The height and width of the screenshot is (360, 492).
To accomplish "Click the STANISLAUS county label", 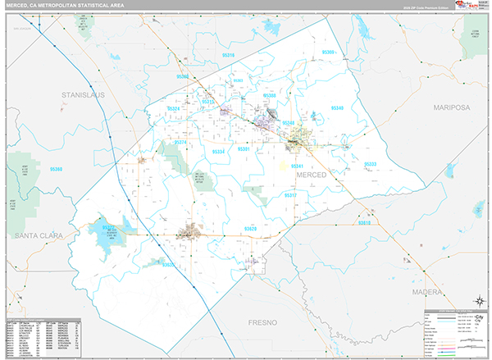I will pos(85,96).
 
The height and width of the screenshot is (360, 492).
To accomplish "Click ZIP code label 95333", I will pos(370,164).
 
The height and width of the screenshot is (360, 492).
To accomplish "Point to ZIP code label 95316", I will pos(229,56).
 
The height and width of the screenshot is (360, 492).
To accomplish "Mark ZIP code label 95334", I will pos(218,151).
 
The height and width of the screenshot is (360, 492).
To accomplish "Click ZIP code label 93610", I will pos(364,222).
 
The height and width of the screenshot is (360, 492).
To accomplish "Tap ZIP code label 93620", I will pos(250,229).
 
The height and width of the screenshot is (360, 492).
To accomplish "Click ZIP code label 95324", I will pos(173,108).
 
